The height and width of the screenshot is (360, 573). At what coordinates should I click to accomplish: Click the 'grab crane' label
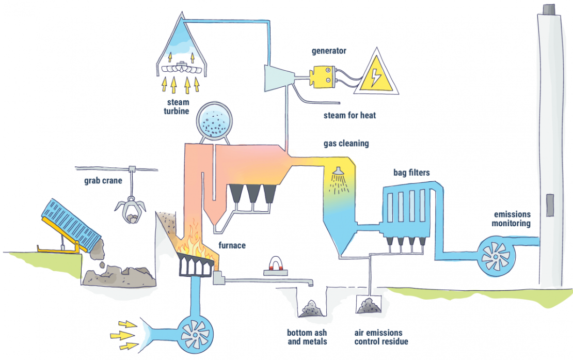coord(103,181)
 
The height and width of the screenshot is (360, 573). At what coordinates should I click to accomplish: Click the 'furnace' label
coord(232,246)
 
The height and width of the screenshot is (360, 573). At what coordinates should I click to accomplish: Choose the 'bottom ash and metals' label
coord(307,337)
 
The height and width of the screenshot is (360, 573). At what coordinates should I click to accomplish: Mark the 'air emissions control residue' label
coord(378,337)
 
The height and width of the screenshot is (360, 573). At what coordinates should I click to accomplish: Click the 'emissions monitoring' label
coord(512,218)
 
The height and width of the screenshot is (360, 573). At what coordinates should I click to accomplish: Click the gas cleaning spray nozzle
coord(339,170)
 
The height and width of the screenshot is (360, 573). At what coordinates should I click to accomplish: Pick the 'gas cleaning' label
coord(346,143)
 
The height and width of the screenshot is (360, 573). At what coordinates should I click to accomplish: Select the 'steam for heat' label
coord(349,115)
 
